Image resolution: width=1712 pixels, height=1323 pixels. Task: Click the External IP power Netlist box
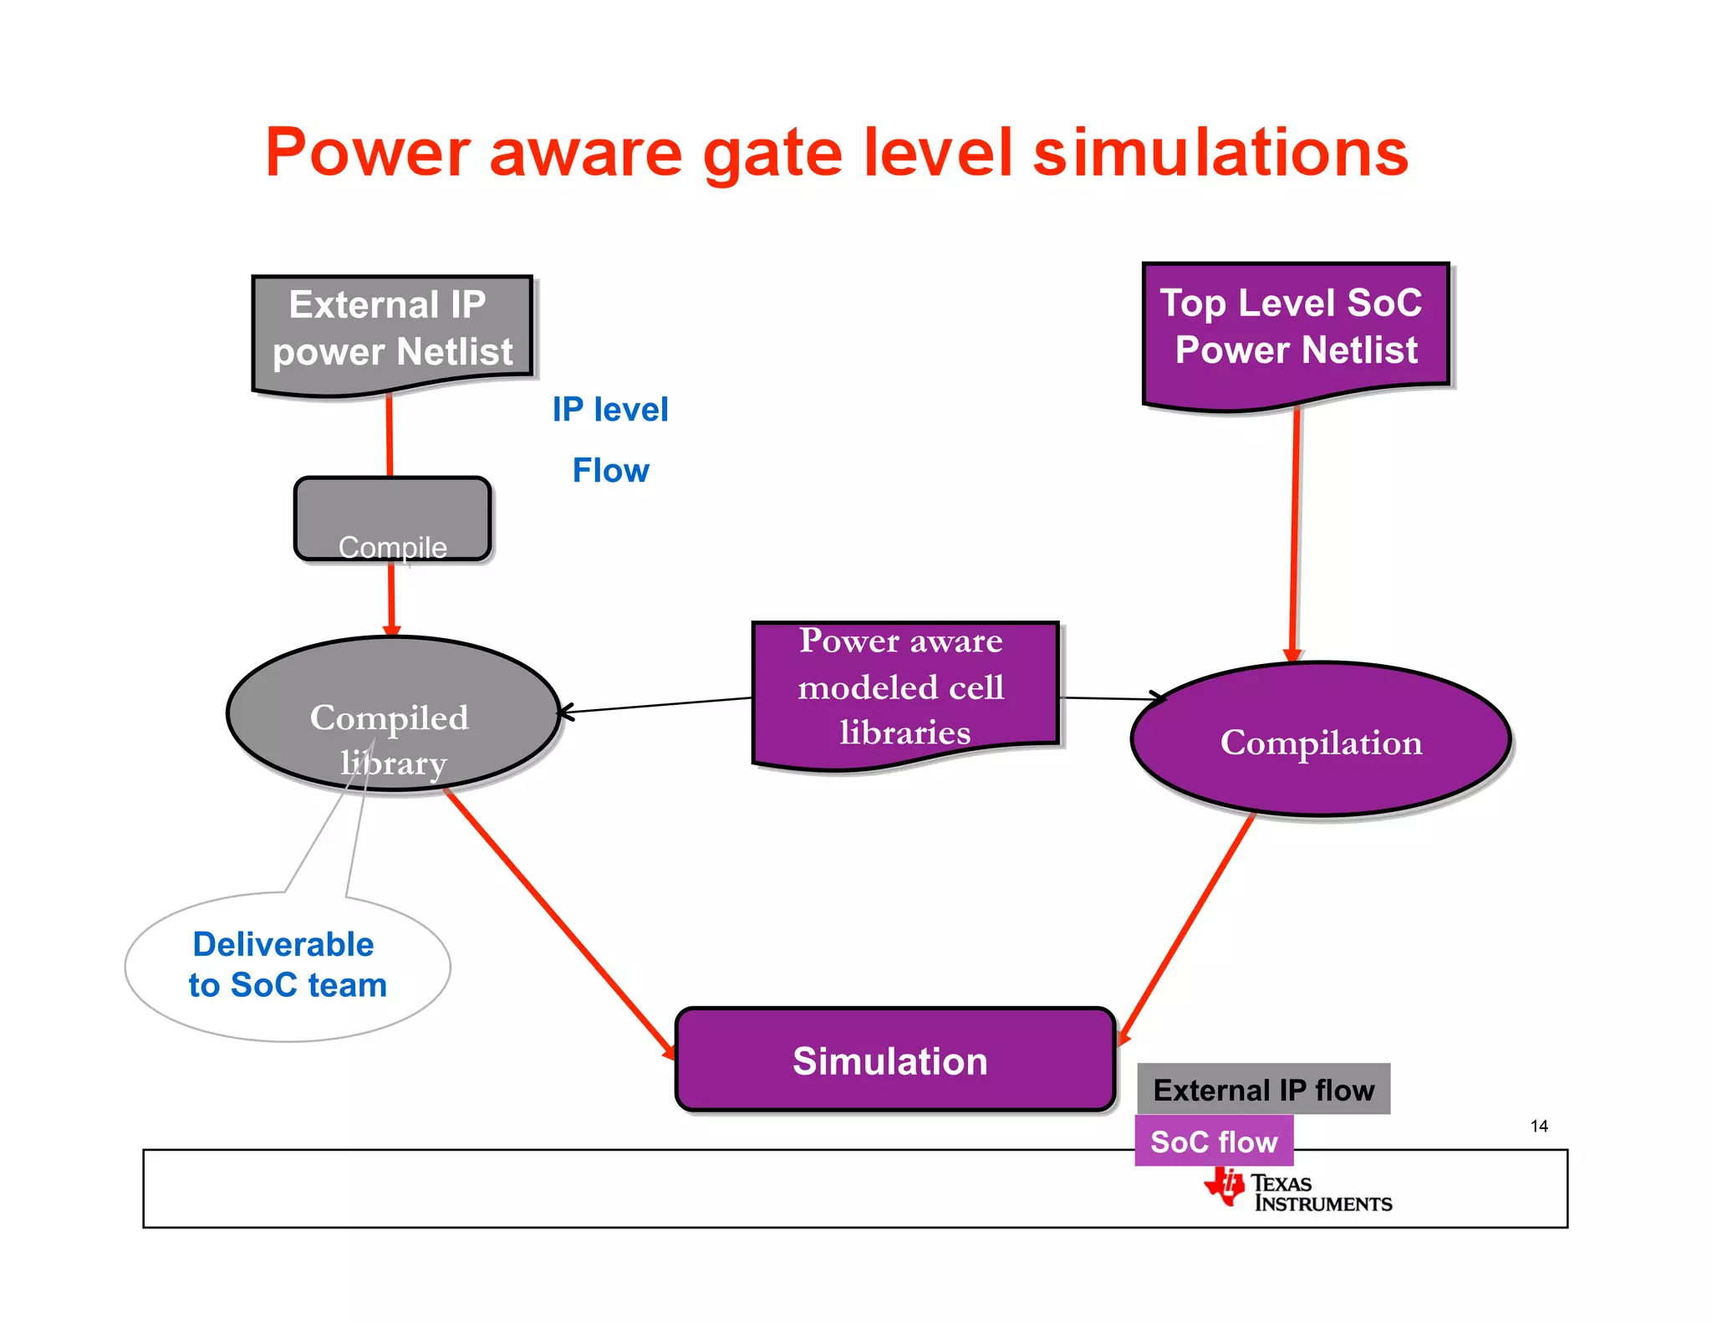392,330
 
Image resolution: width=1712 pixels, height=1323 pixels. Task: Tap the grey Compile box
392,518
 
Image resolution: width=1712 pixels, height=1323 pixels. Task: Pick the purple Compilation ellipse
1320,739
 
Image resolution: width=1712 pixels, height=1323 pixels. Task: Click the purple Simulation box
894,1060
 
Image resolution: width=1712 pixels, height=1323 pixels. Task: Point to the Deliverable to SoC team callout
287,966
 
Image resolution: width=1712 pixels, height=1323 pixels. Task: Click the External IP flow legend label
1263,1089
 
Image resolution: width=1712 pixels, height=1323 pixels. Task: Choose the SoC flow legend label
1213,1141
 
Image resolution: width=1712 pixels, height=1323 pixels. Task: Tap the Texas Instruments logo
1297,1192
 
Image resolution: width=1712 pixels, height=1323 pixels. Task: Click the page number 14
1538,1126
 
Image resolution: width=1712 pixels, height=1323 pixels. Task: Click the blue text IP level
610,410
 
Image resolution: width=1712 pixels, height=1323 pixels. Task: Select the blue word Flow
610,471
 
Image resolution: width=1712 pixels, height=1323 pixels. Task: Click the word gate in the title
772,155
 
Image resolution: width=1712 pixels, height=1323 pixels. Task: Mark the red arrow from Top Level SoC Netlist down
1295,535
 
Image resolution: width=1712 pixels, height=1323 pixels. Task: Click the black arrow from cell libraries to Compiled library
656,704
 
